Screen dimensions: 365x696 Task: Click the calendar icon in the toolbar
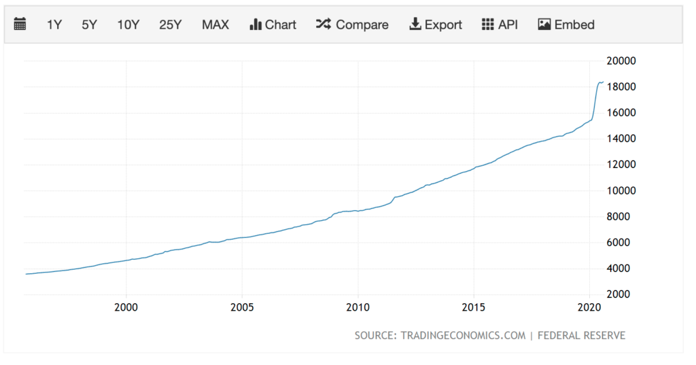click(x=20, y=24)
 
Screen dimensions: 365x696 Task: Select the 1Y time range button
click(x=54, y=24)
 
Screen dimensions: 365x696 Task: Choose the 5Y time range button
click(x=89, y=24)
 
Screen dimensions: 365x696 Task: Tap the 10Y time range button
click(x=128, y=24)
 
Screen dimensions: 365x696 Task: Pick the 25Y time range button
click(x=170, y=24)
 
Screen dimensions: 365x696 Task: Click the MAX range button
click(x=215, y=24)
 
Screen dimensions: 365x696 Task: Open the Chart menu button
click(x=273, y=24)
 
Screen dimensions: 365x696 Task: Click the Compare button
click(x=352, y=24)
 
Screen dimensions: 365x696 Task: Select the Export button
click(x=435, y=24)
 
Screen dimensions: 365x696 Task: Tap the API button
click(x=500, y=24)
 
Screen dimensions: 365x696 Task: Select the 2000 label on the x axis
click(x=126, y=307)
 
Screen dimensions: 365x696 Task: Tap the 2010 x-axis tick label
click(x=358, y=307)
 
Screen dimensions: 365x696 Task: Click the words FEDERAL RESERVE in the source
click(x=582, y=336)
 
